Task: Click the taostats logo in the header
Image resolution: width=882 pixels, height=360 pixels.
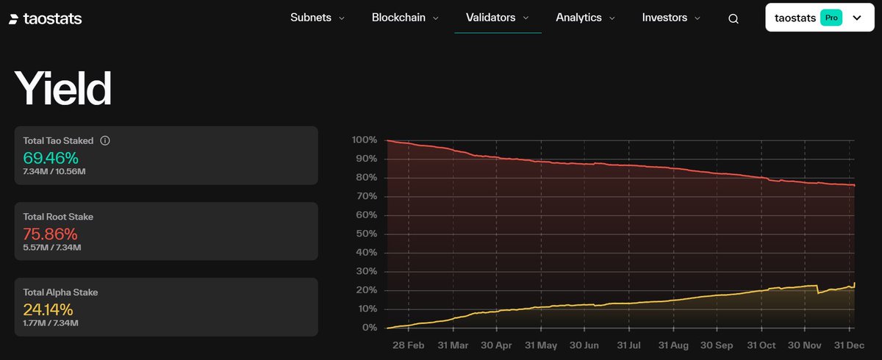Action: tap(45, 18)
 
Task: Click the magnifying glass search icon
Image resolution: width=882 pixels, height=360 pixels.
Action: tap(733, 19)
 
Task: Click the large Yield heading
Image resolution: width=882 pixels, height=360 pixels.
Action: tap(63, 90)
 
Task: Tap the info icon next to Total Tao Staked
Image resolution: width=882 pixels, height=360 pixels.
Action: tap(104, 140)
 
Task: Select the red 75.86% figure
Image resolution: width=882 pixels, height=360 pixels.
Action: tap(50, 234)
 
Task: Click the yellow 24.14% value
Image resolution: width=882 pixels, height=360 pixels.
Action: tap(48, 309)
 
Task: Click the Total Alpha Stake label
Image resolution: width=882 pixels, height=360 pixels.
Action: tap(60, 292)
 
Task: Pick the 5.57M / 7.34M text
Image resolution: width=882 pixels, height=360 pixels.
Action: tap(51, 248)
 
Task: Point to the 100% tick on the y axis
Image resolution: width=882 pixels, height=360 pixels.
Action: tap(365, 140)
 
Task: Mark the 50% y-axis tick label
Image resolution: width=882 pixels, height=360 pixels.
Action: tap(367, 234)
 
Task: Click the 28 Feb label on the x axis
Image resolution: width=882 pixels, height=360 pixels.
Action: tap(409, 345)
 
